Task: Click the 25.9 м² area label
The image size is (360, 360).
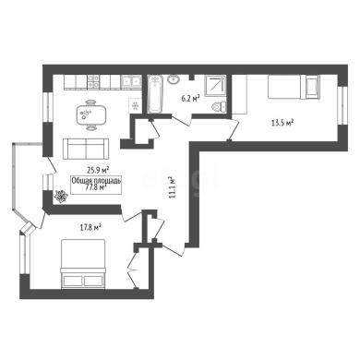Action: point(99,169)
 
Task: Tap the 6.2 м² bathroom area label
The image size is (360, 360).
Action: point(190,99)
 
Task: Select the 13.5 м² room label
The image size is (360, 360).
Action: point(282,123)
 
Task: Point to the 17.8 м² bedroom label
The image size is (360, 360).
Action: point(90,228)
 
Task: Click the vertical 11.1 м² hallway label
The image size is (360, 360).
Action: point(172,187)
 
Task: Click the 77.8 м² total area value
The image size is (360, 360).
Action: point(96,187)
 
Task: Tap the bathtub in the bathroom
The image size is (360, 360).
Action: point(155,94)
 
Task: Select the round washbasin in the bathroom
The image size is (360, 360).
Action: point(174,79)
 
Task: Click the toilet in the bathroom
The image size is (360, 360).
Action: point(219,106)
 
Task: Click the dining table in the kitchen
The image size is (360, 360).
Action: point(90,114)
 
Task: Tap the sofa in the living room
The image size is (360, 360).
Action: point(86,149)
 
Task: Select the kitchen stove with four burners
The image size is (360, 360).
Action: point(93,81)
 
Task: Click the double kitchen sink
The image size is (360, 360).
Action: point(130,81)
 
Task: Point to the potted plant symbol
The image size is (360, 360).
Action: point(61,196)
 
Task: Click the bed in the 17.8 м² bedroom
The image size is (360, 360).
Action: point(83,264)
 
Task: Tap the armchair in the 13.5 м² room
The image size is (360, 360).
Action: point(313,87)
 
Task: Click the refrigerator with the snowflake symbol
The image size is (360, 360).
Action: point(135,105)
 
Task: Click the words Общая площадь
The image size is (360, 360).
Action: point(96,181)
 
